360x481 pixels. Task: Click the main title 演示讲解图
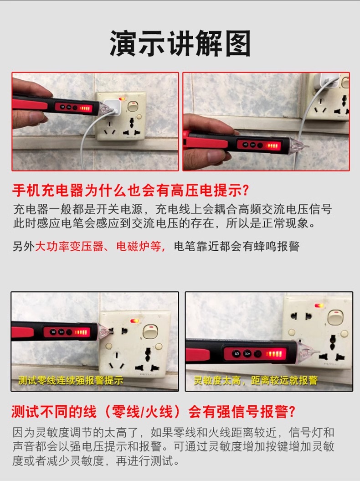(x=180, y=43)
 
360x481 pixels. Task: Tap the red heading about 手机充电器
(x=131, y=191)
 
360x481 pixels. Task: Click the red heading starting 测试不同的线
(x=153, y=411)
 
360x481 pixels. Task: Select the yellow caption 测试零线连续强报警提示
(x=71, y=380)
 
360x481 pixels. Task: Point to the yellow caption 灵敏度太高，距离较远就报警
(x=256, y=380)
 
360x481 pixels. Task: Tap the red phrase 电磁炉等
(x=139, y=246)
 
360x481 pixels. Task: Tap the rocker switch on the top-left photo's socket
(x=133, y=106)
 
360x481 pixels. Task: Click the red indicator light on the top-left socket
(x=122, y=99)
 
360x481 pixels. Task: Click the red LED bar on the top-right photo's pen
(x=273, y=145)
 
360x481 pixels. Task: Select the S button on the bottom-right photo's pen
(x=236, y=353)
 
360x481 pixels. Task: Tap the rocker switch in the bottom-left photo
(x=149, y=331)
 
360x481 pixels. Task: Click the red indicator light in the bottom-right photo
(x=319, y=305)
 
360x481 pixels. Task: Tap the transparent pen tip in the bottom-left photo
(x=105, y=333)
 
